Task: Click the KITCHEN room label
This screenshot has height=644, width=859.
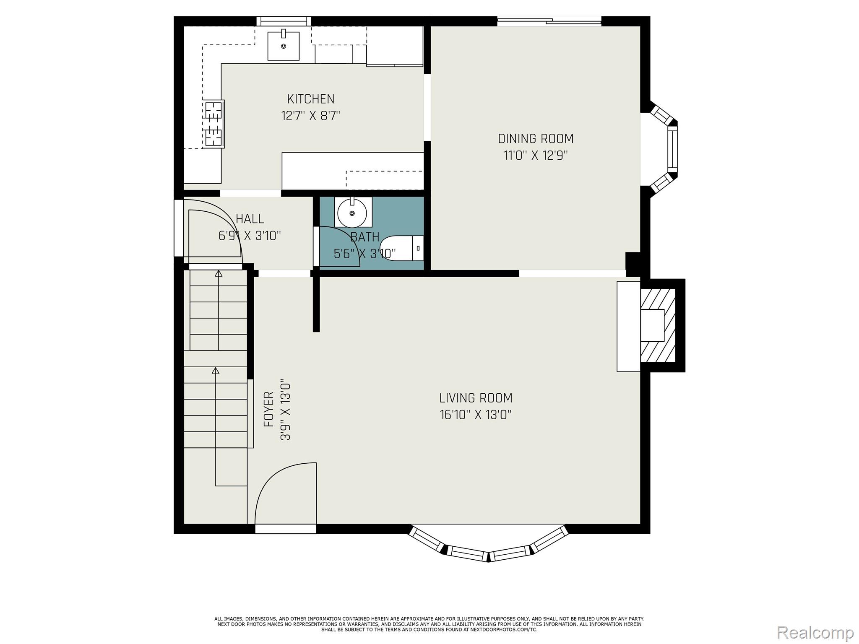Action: (310, 99)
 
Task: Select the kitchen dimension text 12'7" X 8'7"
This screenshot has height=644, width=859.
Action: (310, 116)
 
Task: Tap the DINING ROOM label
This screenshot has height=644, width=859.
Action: (536, 138)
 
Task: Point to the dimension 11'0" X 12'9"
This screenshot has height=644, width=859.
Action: (536, 156)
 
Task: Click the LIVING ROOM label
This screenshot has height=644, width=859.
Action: (476, 397)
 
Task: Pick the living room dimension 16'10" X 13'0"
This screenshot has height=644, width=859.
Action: (476, 415)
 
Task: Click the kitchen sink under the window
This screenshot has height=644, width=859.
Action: (284, 46)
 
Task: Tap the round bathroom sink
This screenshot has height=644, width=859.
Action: (352, 213)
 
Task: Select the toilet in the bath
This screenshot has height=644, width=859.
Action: (402, 248)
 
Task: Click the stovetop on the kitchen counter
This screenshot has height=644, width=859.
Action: (213, 124)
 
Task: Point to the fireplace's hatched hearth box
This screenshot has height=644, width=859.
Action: (658, 325)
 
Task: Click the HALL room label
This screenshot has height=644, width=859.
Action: (250, 218)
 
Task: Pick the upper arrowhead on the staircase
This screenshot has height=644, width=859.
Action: (218, 274)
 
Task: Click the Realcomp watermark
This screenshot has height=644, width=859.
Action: (815, 632)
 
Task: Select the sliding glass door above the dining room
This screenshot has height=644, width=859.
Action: (549, 21)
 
